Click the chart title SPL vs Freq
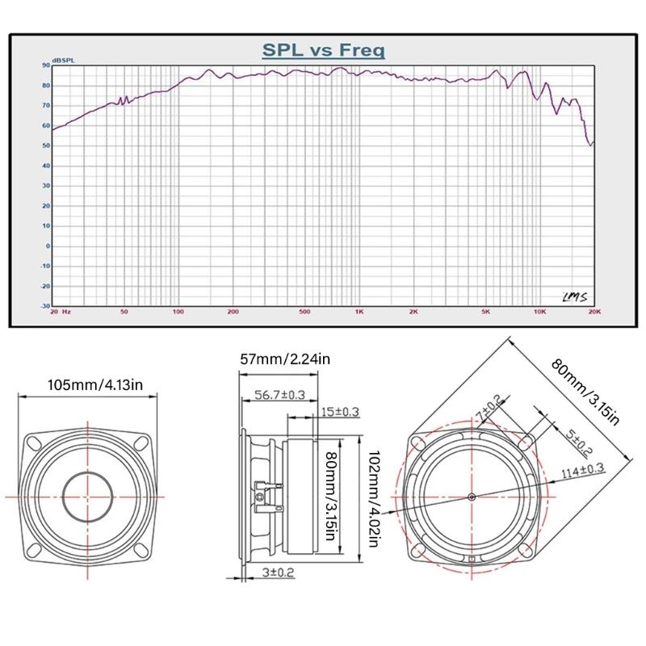click(323, 50)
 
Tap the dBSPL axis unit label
click(63, 61)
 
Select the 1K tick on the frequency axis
click(359, 311)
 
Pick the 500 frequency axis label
click(304, 311)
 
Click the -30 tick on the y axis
click(45, 306)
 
